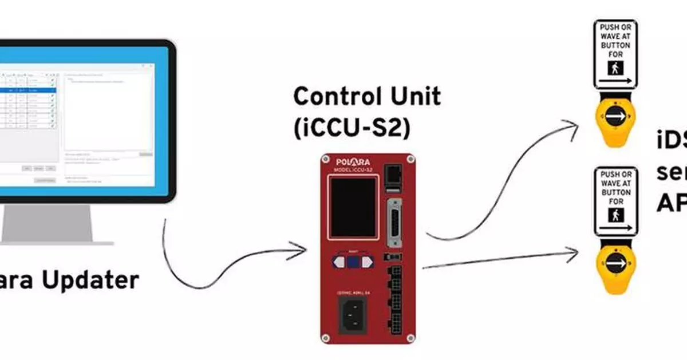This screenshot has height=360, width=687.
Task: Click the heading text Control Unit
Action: point(367,97)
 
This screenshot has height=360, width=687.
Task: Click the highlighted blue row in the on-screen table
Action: point(29,90)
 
